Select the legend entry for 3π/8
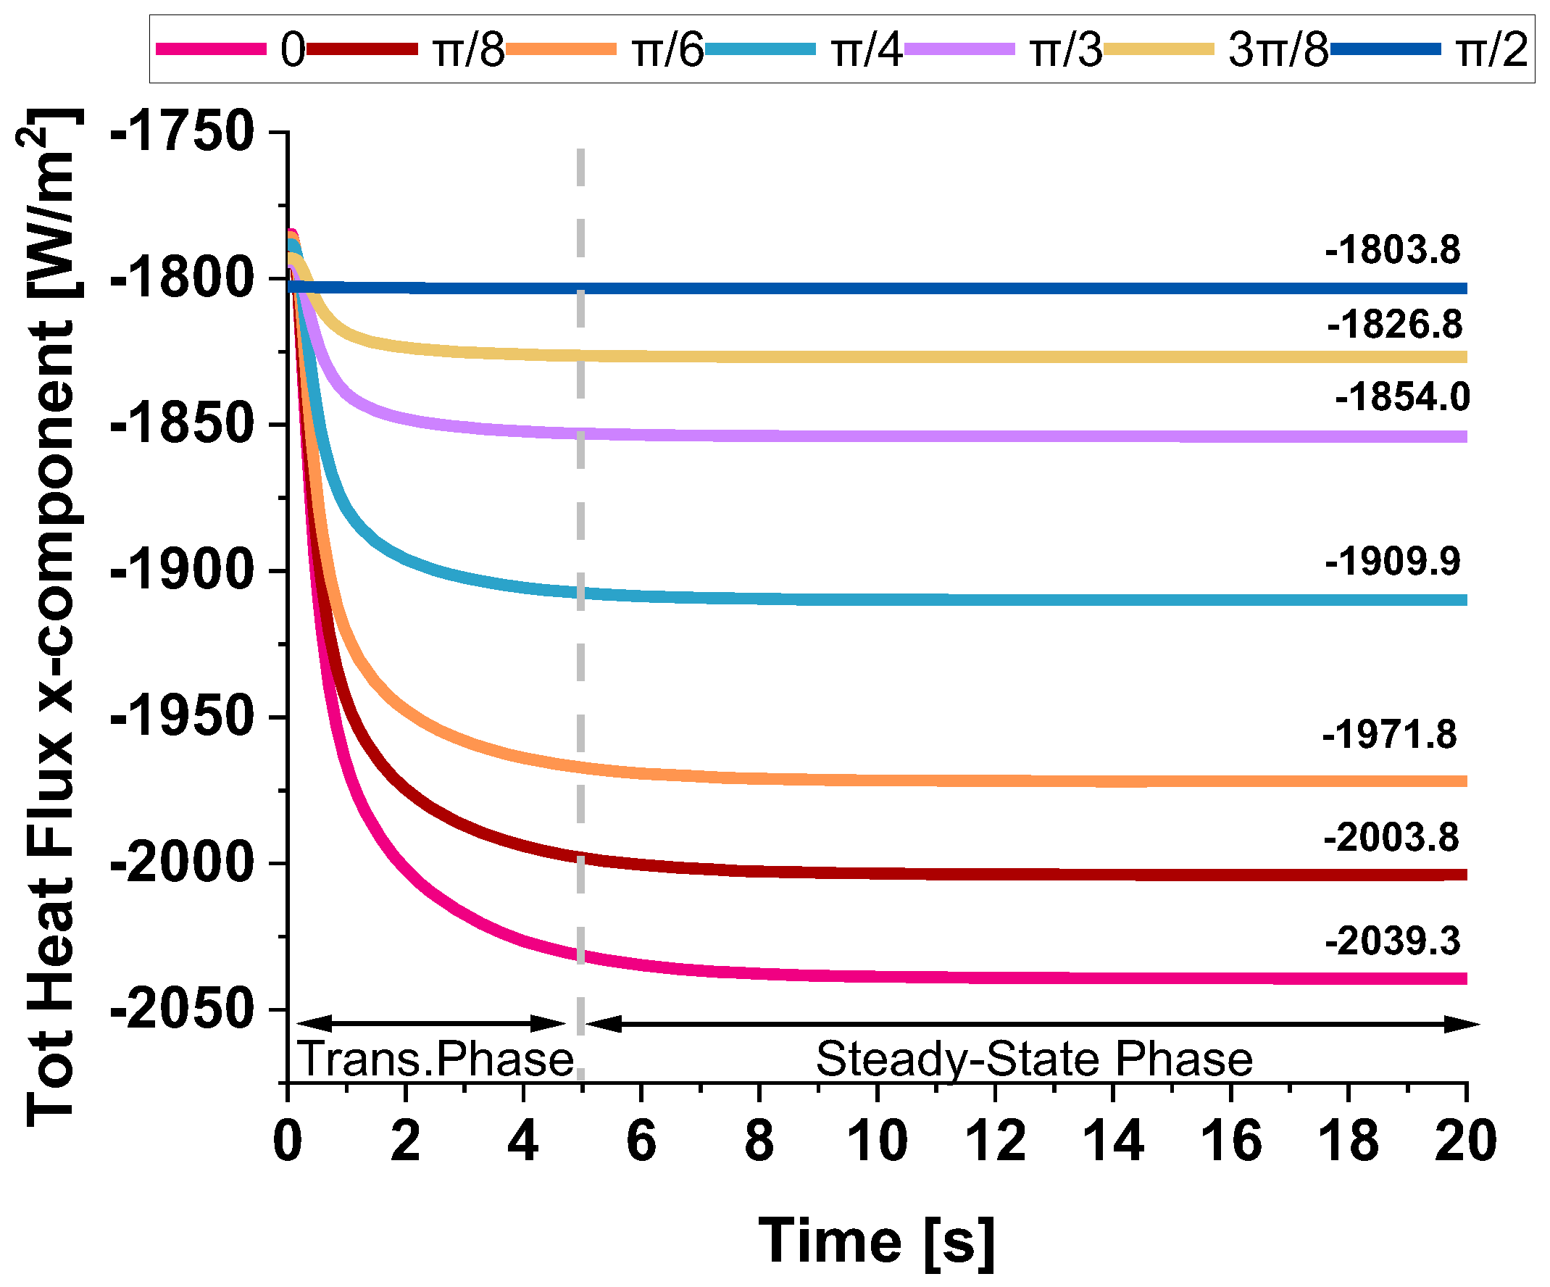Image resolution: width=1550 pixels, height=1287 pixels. (1278, 50)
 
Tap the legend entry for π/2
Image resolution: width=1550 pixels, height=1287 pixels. (1491, 50)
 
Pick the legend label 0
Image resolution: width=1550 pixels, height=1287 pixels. (292, 50)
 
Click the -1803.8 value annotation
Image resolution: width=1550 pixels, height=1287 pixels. (1392, 250)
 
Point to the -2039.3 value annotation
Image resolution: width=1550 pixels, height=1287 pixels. (1392, 941)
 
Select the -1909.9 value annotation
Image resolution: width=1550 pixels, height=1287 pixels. (1392, 561)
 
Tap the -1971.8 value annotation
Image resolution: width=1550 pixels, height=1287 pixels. (1389, 735)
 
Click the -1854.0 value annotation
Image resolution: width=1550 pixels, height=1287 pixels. (1401, 397)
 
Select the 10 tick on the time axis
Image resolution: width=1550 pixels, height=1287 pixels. (877, 1141)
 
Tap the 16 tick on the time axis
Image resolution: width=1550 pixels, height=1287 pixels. (1230, 1141)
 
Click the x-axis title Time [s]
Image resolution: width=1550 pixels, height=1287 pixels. (877, 1242)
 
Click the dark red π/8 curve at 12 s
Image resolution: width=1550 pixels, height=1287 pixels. (995, 875)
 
